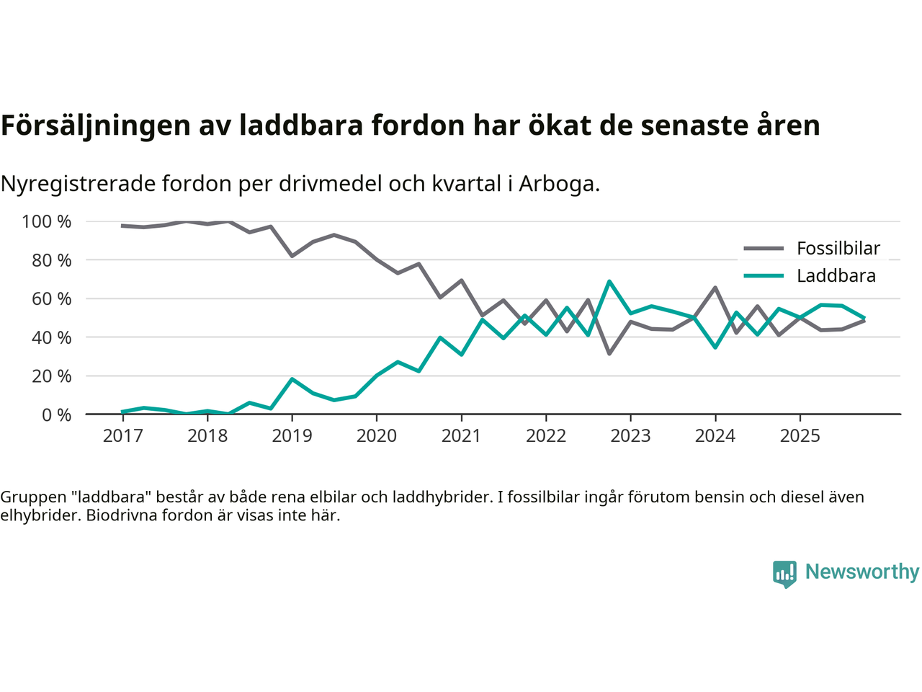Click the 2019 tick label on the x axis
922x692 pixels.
[292, 436]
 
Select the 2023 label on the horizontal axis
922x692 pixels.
[630, 436]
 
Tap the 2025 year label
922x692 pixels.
[800, 436]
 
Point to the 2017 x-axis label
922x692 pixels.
[122, 436]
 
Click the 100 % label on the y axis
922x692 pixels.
[47, 222]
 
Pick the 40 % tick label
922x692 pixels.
[51, 337]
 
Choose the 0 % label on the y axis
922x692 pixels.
[56, 415]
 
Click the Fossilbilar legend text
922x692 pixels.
[838, 249]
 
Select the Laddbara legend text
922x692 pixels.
[836, 276]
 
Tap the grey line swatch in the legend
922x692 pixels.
[764, 249]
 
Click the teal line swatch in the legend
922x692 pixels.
[764, 276]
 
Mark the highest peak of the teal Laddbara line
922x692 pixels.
[609, 282]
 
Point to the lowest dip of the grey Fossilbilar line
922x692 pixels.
[609, 353]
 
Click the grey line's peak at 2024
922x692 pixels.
[715, 288]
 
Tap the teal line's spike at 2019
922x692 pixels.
[292, 379]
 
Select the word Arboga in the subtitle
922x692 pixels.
[559, 185]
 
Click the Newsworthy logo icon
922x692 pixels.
[784, 574]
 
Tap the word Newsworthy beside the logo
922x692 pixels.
[861, 572]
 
